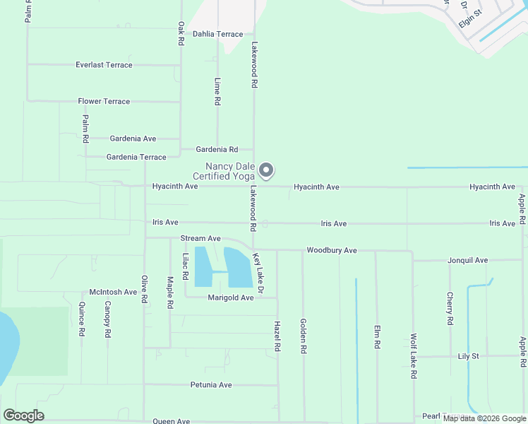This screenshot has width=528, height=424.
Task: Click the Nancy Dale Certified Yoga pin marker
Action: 266,170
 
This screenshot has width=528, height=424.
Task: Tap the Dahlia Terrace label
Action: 217,34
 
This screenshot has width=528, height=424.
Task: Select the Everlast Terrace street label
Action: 104,65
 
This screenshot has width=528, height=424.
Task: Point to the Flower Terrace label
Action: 104,102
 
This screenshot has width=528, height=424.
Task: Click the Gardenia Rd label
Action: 217,150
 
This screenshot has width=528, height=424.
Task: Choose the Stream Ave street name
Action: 200,239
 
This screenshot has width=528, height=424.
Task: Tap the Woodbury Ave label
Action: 331,251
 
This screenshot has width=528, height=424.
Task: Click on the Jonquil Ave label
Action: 467,261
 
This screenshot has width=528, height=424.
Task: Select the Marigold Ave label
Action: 230,298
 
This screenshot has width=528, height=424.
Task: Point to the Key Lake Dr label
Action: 258,273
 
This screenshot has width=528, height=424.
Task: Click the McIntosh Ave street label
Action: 113,292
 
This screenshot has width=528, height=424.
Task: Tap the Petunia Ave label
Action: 211,385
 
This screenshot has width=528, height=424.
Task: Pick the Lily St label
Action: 468,356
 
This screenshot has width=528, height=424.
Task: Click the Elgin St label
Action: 469,18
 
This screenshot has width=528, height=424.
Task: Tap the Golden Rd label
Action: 303,336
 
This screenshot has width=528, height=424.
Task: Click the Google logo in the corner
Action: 23,416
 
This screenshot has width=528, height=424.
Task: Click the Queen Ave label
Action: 172,421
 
